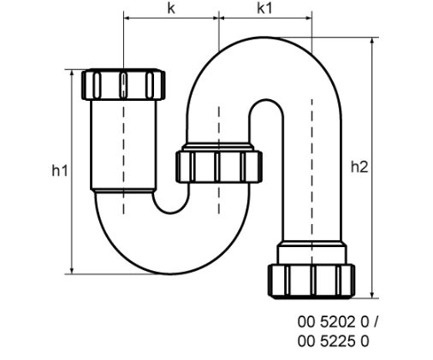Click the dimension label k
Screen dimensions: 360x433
coord(171,8)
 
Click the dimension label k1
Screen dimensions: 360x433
coord(265,8)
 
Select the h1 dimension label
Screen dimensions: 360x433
coord(58,170)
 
